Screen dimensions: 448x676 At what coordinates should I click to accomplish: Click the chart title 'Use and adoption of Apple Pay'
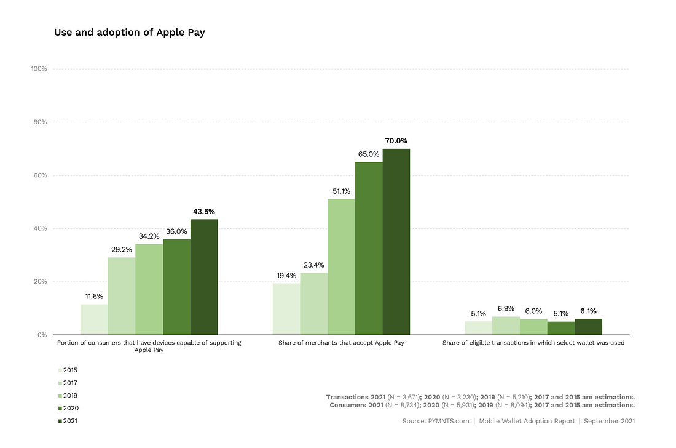point(129,33)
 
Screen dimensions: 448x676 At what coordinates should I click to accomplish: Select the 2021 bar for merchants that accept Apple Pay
point(396,242)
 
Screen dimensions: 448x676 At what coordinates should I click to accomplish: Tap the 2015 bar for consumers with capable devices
point(94,319)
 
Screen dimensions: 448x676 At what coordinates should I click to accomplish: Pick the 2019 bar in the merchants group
point(341,267)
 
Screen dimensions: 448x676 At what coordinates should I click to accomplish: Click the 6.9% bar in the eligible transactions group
point(506,326)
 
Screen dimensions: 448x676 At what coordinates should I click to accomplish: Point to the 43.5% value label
point(204,211)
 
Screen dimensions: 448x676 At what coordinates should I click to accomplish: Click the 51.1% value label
point(341,191)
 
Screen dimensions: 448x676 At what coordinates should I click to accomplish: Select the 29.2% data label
point(122,249)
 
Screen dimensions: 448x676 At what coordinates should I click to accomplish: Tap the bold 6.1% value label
point(588,311)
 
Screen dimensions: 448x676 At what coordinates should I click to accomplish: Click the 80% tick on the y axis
point(39,122)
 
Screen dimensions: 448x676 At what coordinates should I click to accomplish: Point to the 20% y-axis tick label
point(39,282)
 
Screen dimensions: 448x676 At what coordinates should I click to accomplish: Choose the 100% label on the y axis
point(38,68)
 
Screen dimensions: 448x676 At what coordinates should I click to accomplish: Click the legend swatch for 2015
point(59,370)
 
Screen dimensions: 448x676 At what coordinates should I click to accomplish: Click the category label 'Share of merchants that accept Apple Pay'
point(341,343)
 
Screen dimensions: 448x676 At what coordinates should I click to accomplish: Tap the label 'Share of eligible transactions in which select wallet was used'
point(533,343)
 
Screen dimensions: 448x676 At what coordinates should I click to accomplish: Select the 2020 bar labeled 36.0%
point(177,287)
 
